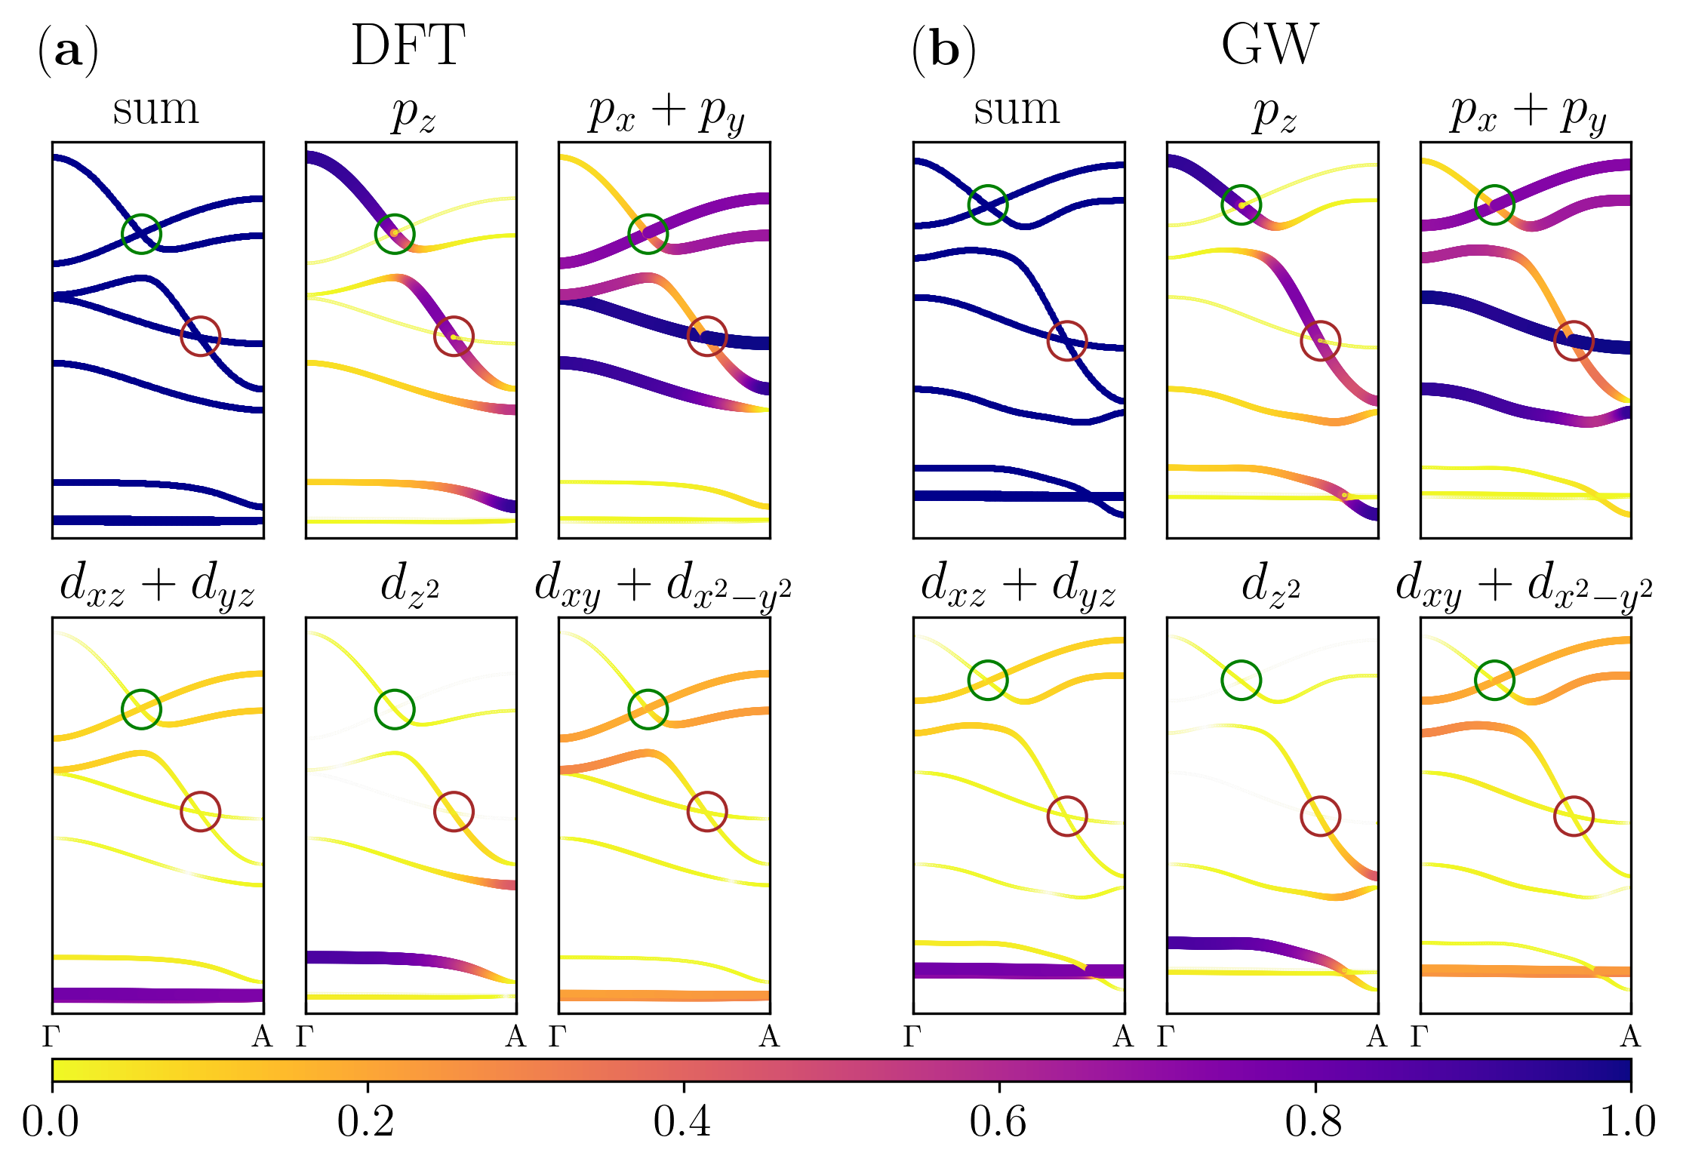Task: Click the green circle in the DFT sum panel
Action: pos(141,234)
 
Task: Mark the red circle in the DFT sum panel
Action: pos(201,337)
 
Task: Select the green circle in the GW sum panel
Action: pos(988,204)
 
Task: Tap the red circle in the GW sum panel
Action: pos(1067,341)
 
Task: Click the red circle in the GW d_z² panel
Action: pos(1321,816)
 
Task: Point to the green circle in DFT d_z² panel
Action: pos(395,709)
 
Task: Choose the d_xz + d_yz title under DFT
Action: pos(157,586)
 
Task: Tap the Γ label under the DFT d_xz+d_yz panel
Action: pos(51,1037)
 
